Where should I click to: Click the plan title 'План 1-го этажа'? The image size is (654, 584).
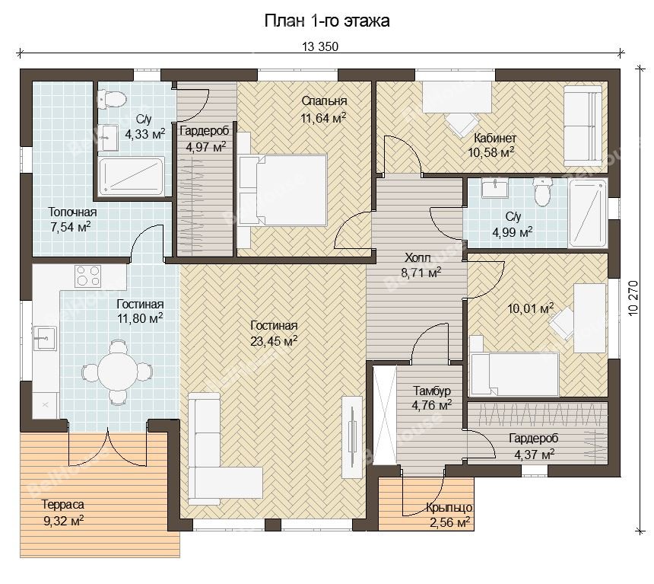point(327,21)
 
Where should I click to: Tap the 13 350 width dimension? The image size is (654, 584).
point(320,46)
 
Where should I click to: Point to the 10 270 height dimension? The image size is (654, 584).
point(633,298)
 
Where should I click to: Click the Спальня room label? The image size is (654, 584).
point(324,101)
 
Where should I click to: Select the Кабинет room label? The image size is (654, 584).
point(495,138)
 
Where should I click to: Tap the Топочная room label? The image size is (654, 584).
point(72,212)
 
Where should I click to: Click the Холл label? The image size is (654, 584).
point(417,257)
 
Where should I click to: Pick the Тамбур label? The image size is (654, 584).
point(432,391)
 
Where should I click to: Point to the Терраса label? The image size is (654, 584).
point(63,505)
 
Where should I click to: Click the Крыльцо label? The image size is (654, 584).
point(449,508)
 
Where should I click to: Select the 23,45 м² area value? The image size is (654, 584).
point(274,341)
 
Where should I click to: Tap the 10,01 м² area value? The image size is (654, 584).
point(531,308)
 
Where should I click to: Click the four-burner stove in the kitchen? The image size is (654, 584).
point(88,276)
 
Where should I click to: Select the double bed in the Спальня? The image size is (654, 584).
point(282,190)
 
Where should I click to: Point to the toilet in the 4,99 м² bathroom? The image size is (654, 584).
point(543,192)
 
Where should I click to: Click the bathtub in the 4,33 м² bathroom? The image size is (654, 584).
point(132,177)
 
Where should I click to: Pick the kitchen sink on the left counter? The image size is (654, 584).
point(45,338)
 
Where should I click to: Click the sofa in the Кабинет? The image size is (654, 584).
point(583,126)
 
